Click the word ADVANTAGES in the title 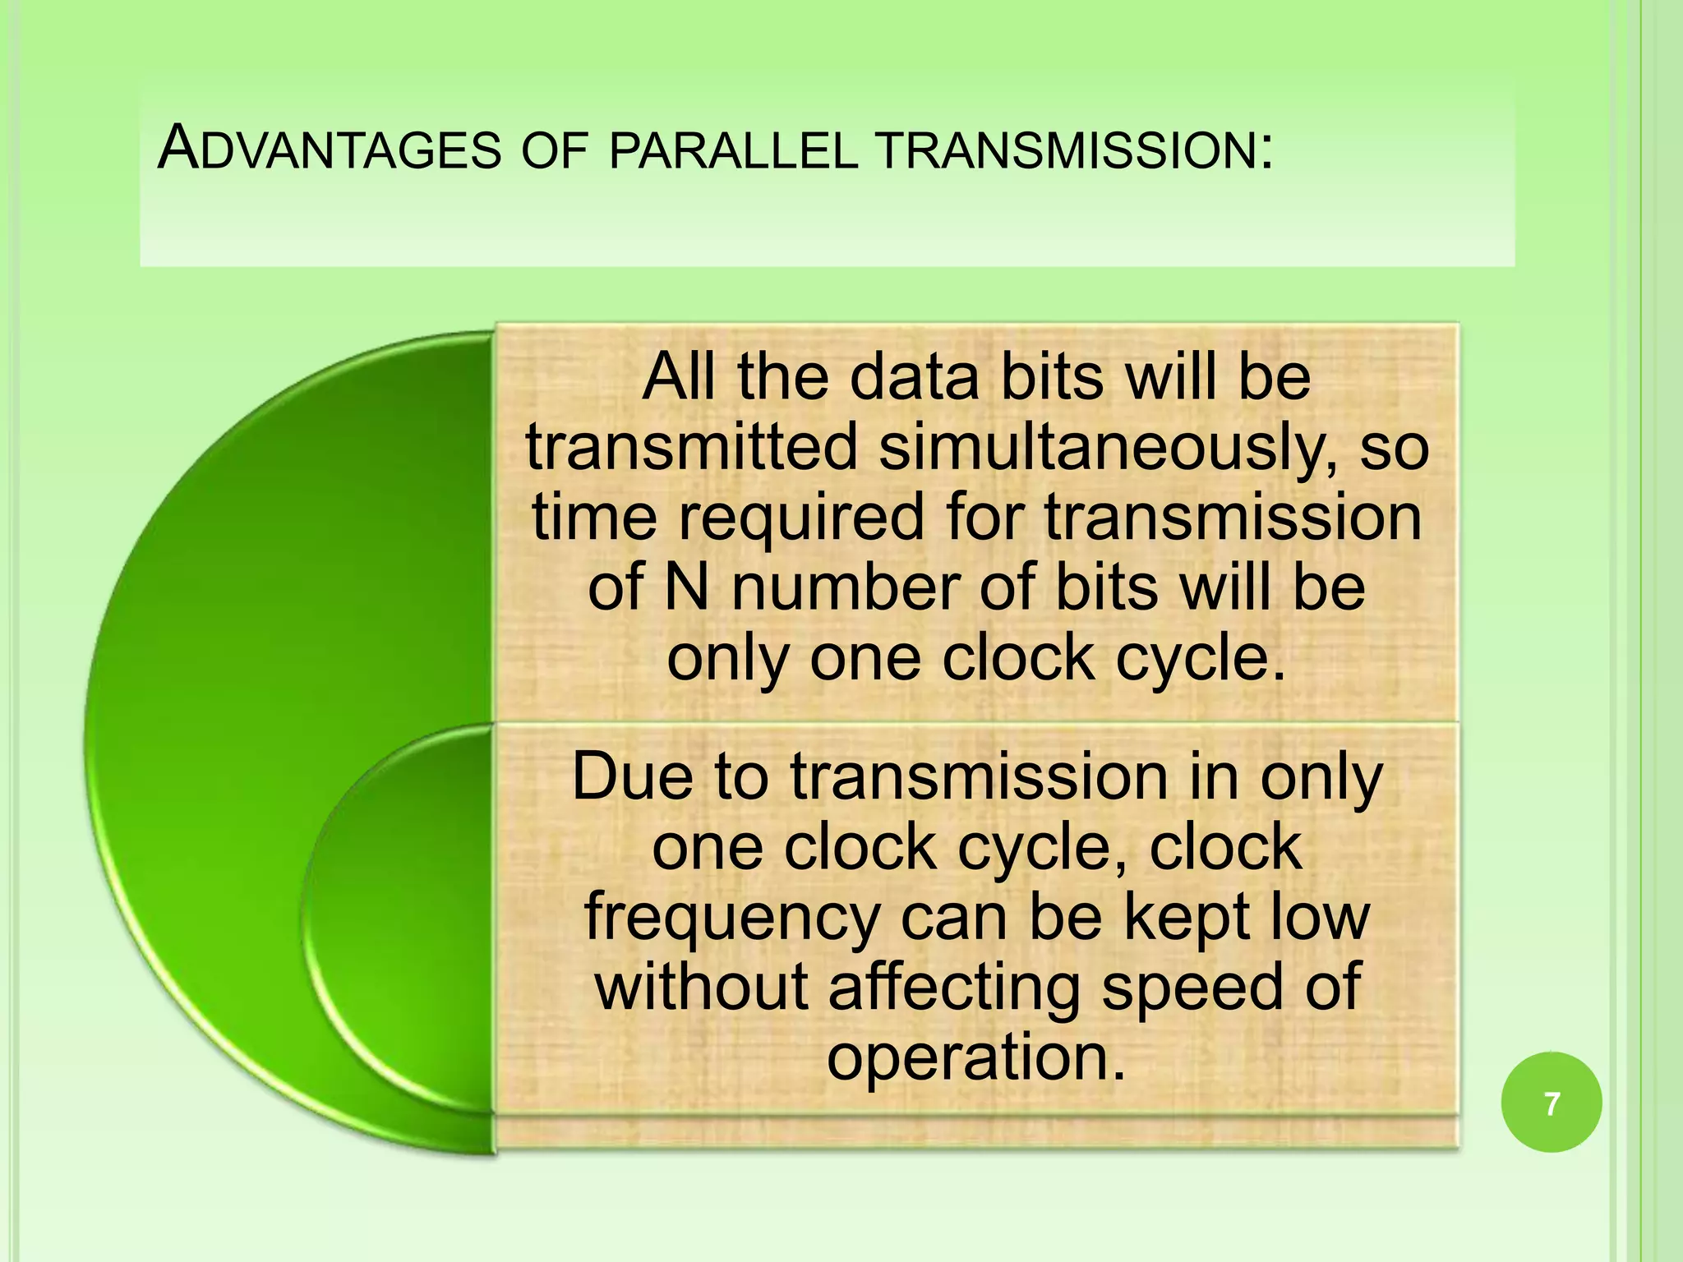[329, 150]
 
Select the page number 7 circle [1551, 1103]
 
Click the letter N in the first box [686, 588]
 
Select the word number [846, 588]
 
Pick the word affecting [953, 988]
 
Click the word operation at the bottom [975, 1057]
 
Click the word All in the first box [679, 378]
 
